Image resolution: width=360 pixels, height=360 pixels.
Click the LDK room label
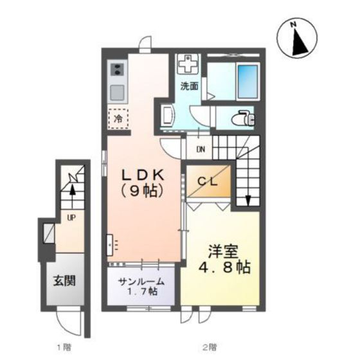pos(143,174)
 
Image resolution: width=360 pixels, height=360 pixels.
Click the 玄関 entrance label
pos(63,282)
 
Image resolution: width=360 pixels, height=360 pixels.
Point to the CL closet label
pos(207,183)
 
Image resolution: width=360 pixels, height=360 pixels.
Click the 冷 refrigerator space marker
pos(118,120)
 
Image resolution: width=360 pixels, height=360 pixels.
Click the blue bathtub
pos(247,80)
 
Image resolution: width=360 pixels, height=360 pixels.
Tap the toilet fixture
pos(244,118)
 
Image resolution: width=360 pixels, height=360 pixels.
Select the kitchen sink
pos(117,92)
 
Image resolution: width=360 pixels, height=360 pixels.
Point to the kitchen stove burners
pos(117,69)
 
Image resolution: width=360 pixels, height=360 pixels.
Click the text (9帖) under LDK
pos(143,190)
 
